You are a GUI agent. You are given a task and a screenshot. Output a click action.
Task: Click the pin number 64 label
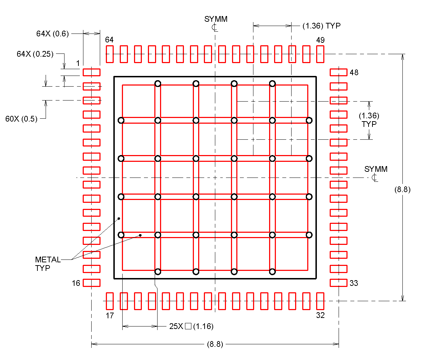pyautogui.click(x=109, y=40)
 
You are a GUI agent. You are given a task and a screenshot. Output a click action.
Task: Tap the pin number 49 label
pyautogui.click(x=320, y=40)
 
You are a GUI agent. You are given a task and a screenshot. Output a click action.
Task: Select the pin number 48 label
pyautogui.click(x=354, y=72)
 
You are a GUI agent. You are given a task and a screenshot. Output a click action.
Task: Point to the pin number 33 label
pyautogui.click(x=354, y=283)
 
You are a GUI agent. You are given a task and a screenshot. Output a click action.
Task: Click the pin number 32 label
pyautogui.click(x=320, y=315)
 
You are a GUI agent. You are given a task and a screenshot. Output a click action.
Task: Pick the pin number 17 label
pyautogui.click(x=110, y=315)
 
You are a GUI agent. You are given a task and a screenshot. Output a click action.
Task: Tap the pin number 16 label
pyautogui.click(x=76, y=283)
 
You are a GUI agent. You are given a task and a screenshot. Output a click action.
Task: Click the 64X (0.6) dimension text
pyautogui.click(x=52, y=34)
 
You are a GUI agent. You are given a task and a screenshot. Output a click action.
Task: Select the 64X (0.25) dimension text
pyautogui.click(x=35, y=54)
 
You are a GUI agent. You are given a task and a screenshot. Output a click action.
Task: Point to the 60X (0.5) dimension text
pyautogui.click(x=21, y=119)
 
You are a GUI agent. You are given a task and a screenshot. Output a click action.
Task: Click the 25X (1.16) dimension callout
pyautogui.click(x=191, y=326)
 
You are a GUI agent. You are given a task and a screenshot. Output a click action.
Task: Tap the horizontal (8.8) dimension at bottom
pyautogui.click(x=215, y=344)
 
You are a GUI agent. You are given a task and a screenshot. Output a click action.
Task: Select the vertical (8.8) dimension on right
pyautogui.click(x=402, y=190)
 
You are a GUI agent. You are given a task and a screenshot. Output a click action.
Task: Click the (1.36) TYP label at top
pyautogui.click(x=321, y=26)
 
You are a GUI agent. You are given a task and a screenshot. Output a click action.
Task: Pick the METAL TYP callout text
pyautogui.click(x=47, y=264)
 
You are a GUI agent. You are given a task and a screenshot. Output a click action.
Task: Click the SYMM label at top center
pyautogui.click(x=216, y=19)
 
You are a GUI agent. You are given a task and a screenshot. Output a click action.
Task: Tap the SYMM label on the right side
pyautogui.click(x=376, y=169)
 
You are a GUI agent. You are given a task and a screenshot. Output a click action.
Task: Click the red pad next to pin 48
pyautogui.click(x=338, y=72)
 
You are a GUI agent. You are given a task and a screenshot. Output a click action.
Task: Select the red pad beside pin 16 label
pyautogui.click(x=92, y=283)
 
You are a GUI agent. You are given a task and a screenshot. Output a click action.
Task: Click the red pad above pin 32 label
pyautogui.click(x=320, y=301)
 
